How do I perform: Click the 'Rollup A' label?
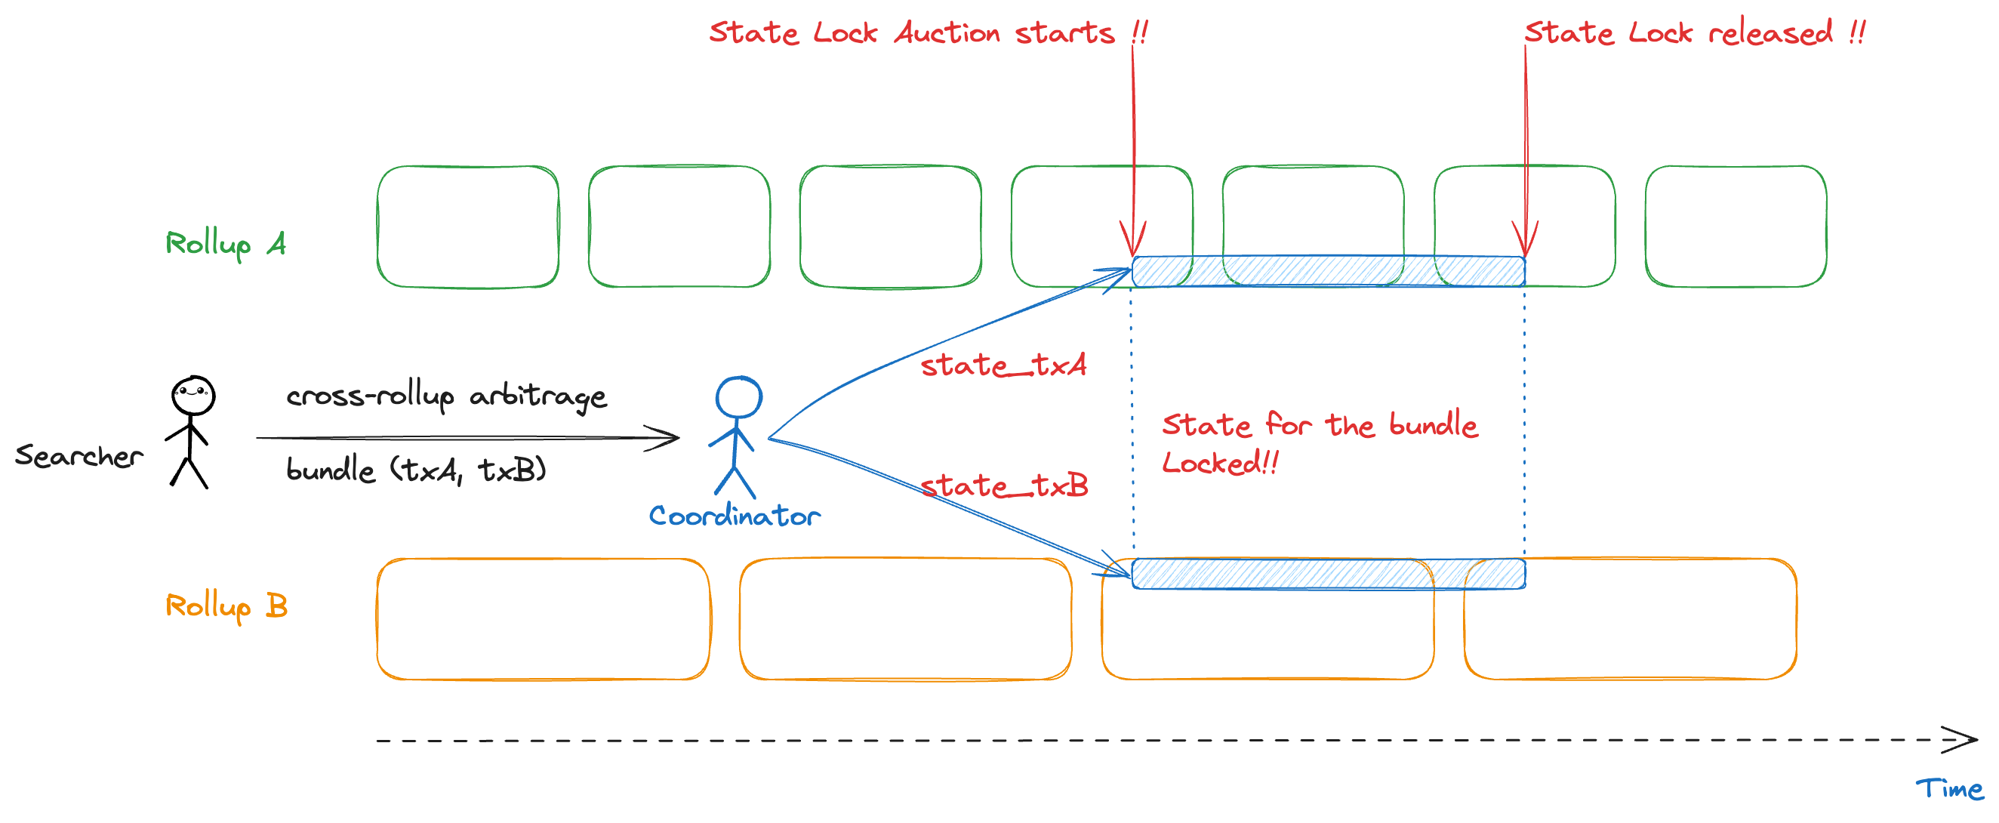pos(226,244)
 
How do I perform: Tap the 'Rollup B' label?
pos(226,606)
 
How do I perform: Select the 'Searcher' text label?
pos(79,456)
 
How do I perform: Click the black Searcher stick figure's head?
pos(193,396)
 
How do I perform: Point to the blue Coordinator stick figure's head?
pos(739,397)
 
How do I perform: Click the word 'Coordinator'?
pos(735,516)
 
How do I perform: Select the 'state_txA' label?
pos(1003,364)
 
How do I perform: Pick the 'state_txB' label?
pos(1004,485)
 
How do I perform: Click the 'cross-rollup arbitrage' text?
pos(446,396)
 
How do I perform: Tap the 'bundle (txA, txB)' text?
pos(417,470)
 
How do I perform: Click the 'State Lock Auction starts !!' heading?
pos(928,32)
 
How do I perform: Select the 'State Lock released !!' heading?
pos(1695,32)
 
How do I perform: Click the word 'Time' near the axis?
pos(1949,789)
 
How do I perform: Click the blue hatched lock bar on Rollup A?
pos(1329,272)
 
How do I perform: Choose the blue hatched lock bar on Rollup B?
pos(1329,574)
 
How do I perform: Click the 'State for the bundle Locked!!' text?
pos(1320,443)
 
